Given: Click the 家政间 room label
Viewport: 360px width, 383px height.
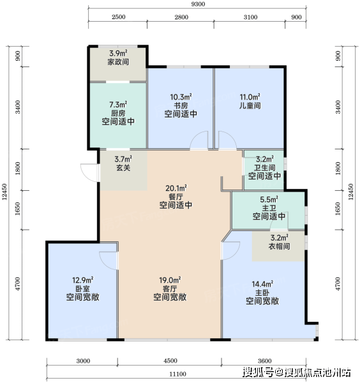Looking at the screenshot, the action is click(118, 62).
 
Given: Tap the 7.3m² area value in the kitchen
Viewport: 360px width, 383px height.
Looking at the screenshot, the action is click(118, 105).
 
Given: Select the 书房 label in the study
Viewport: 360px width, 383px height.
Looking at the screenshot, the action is click(181, 106).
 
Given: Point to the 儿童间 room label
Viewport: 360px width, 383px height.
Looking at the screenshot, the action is click(250, 105).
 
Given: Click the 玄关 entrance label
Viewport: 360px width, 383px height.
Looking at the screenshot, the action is click(123, 168).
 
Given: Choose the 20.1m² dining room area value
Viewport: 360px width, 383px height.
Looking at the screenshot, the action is click(176, 188).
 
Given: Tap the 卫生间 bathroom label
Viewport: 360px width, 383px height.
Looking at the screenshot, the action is click(265, 167).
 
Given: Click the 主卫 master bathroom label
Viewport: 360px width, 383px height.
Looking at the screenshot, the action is click(269, 208).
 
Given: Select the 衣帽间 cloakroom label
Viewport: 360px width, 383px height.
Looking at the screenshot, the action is click(280, 246).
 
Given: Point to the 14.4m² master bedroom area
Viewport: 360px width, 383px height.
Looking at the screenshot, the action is click(262, 284).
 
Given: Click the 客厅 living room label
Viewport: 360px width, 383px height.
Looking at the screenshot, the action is click(170, 289).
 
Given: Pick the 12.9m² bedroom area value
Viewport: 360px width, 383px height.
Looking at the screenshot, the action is click(83, 280).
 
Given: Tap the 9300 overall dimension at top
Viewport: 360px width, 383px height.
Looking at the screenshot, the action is click(198, 4).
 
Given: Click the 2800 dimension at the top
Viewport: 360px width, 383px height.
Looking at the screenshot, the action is click(181, 17).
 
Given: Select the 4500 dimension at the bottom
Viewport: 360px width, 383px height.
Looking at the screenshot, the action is click(170, 361).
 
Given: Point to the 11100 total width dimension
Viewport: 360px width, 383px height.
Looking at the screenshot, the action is click(178, 374).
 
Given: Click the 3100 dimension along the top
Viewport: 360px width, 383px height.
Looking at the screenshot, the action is click(250, 17).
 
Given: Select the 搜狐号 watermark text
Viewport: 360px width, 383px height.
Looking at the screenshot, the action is click(258, 373).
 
